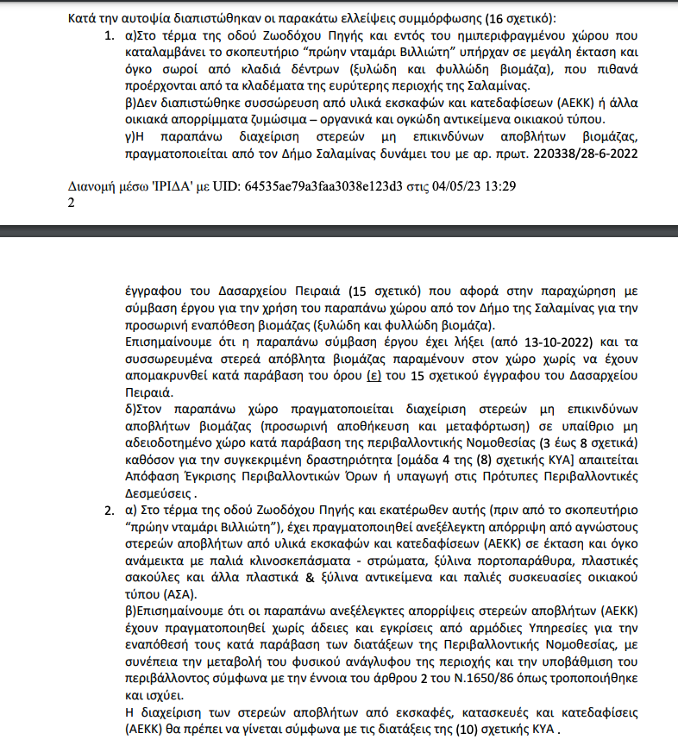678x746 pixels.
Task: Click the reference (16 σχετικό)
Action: (x=526, y=18)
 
